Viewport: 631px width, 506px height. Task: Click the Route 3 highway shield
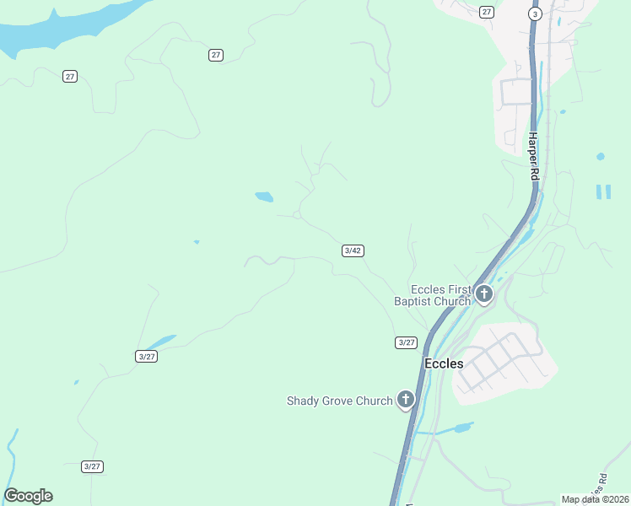535,13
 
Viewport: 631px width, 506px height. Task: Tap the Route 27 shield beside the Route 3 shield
486,12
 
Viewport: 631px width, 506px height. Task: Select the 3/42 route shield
353,250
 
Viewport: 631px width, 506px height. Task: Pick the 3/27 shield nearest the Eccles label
406,342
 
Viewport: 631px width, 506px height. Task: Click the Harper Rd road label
533,156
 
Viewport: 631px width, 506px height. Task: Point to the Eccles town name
443,363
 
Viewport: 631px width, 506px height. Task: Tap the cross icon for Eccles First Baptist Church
483,294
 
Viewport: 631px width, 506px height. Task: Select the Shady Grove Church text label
340,401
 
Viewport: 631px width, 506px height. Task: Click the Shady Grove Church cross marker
406,400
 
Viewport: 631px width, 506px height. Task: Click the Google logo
28,496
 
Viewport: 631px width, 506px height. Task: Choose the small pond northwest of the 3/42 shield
264,197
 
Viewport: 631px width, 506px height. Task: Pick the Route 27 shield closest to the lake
70,76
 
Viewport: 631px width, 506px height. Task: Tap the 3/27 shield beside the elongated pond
147,356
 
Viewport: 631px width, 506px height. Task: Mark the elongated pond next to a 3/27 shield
162,342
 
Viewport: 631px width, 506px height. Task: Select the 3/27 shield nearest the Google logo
93,466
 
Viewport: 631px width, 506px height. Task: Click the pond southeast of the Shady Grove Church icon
462,428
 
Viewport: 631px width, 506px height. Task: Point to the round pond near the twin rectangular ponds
600,157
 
